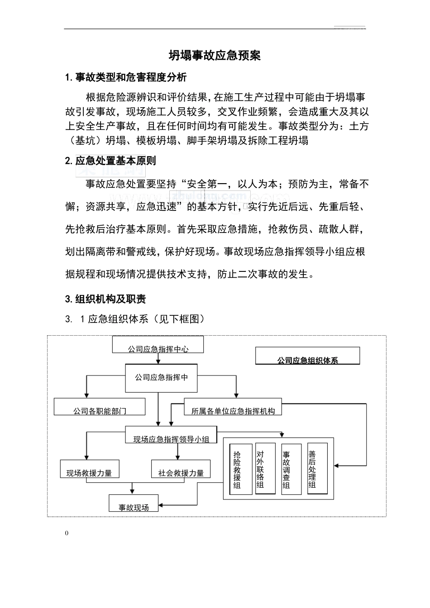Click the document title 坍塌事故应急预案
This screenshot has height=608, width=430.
(215, 56)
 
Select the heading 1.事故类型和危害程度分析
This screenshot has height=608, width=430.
(126, 77)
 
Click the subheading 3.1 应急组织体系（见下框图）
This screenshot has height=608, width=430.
(135, 319)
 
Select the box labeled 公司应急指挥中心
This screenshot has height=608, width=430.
(158, 345)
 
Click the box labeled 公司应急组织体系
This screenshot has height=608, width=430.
(307, 356)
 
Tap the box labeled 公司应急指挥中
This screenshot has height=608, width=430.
(161, 378)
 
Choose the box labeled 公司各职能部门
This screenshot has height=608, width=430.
(100, 407)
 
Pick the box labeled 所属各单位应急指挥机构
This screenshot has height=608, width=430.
(233, 407)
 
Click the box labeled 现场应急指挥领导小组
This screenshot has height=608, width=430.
(171, 435)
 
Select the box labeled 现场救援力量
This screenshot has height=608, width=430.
(89, 469)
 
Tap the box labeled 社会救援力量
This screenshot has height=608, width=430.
(181, 469)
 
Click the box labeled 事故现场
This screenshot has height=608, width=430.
(134, 503)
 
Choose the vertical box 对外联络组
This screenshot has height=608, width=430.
(265, 469)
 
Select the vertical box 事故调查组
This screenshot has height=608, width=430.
(291, 470)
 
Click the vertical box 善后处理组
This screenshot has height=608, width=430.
(317, 469)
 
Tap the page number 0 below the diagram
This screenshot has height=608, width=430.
(67, 533)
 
